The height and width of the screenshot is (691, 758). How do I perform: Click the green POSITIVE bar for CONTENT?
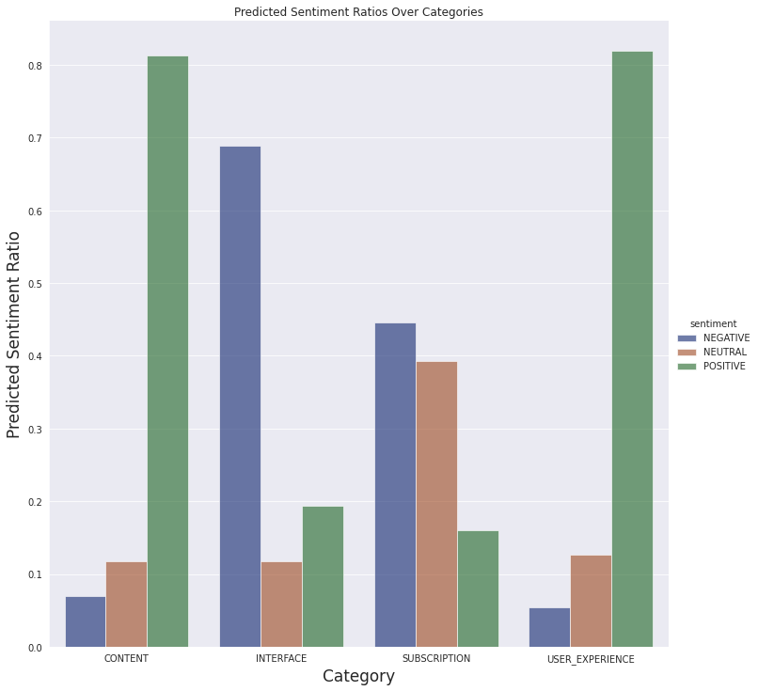coord(167,352)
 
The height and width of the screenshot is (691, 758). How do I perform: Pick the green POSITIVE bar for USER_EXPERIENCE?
coord(632,349)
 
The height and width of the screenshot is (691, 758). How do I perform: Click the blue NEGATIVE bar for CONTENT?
coord(86,622)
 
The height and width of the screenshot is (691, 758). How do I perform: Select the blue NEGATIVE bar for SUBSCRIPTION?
coord(395,485)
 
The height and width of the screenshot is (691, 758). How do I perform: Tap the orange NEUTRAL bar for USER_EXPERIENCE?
coord(591,602)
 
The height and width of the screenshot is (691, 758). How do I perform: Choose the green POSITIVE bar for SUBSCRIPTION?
coord(478,589)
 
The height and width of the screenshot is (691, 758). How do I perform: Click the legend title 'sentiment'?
coord(712,323)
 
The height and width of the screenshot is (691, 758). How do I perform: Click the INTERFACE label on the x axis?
coord(281,659)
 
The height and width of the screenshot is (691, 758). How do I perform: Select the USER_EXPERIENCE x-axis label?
coord(591,660)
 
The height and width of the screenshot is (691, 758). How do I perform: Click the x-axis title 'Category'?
coord(358,677)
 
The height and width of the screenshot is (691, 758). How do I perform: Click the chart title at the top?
coord(358,12)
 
